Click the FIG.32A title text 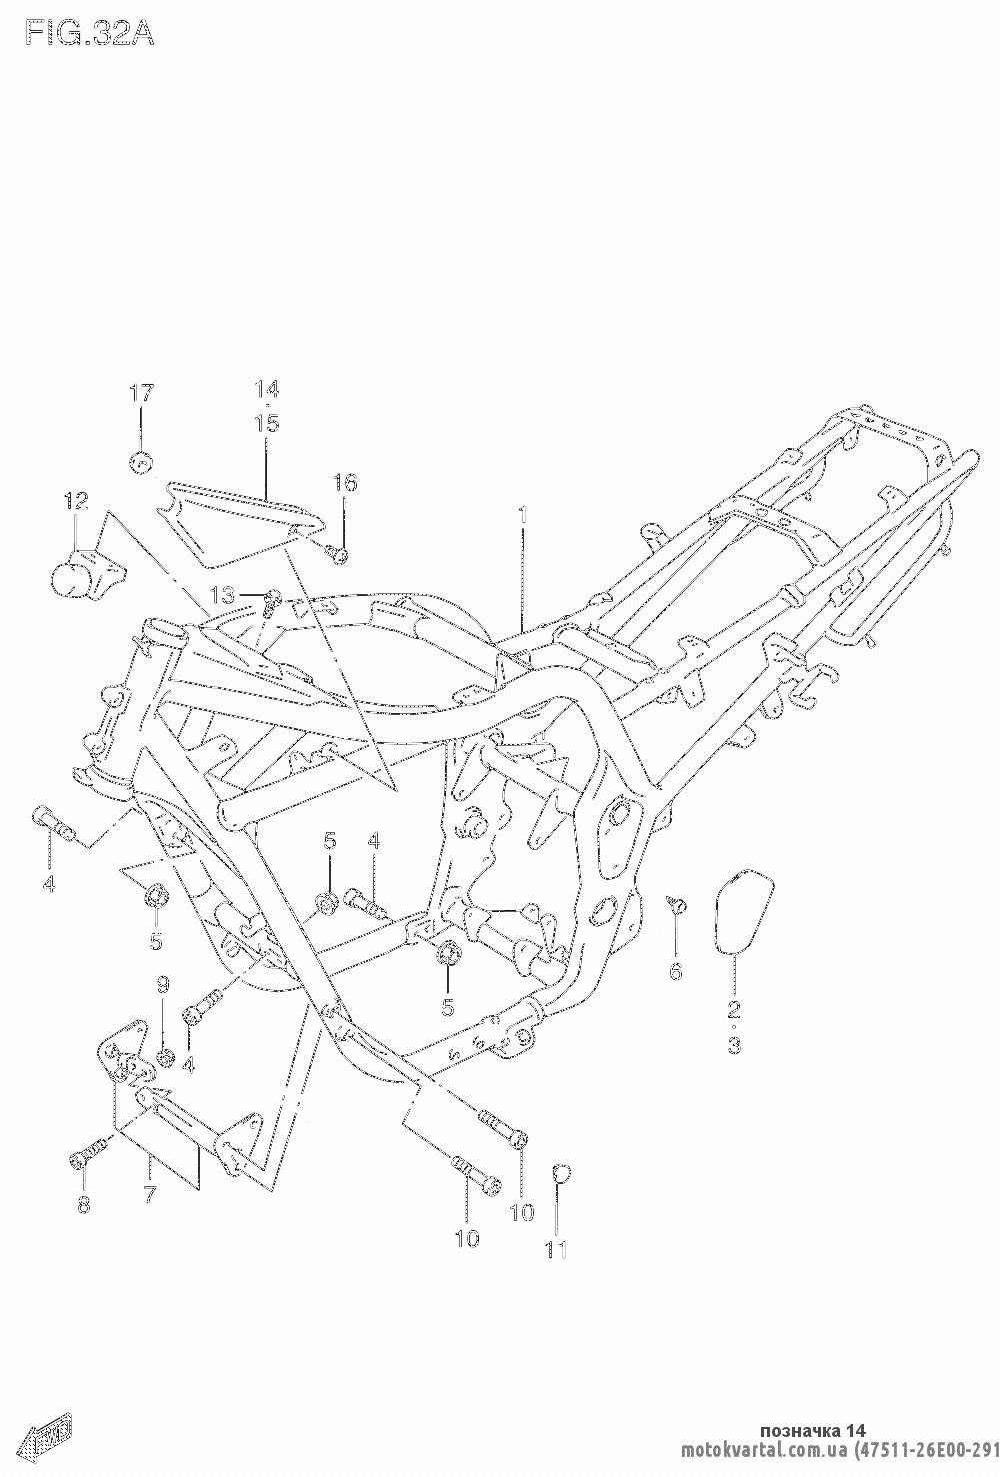click(x=90, y=33)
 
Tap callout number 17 click(x=141, y=394)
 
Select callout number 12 click(x=76, y=501)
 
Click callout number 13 click(x=223, y=596)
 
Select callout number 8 click(x=84, y=1204)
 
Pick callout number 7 click(x=150, y=1194)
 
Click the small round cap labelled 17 click(x=141, y=463)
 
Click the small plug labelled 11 click(x=561, y=1172)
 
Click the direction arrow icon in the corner click(x=45, y=1435)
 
